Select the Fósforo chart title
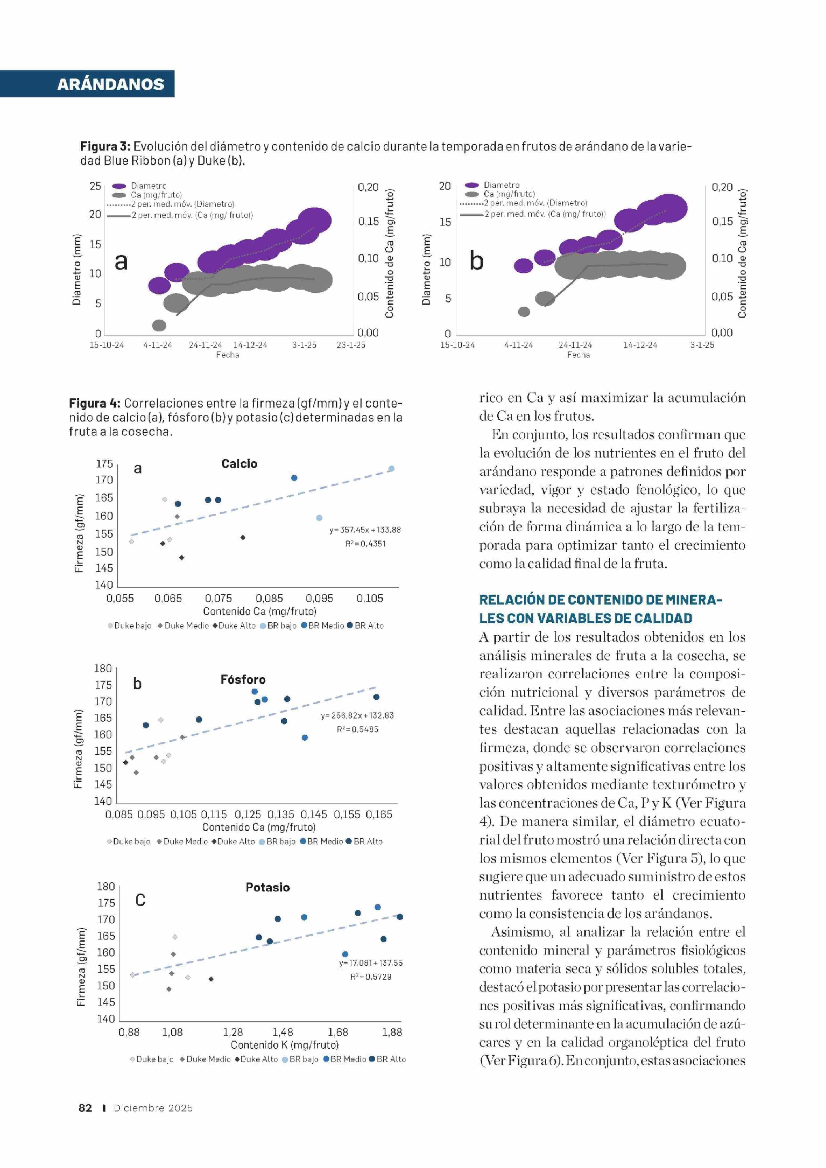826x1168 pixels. (x=243, y=679)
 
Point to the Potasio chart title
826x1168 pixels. (x=267, y=887)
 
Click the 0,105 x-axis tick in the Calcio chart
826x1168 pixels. (x=370, y=599)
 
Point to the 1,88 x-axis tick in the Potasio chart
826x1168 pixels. (x=392, y=1032)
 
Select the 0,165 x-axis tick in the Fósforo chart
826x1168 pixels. (x=379, y=814)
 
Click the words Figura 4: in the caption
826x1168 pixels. (x=95, y=404)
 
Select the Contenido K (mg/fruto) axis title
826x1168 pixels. (x=284, y=1045)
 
